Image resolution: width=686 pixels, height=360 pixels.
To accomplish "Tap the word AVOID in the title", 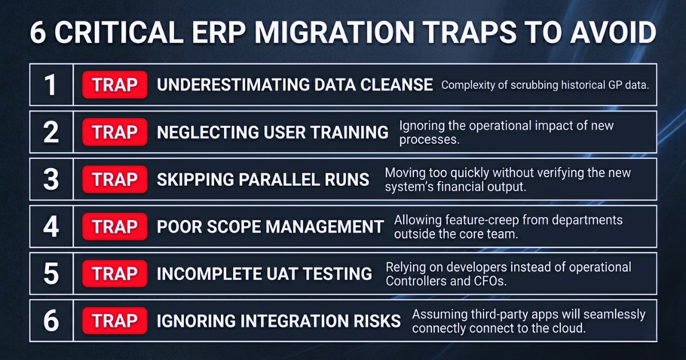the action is (613, 33).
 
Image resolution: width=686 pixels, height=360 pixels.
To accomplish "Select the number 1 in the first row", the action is (50, 85).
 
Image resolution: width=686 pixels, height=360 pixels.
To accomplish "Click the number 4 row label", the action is (51, 226).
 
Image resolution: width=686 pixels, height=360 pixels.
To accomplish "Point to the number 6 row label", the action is (51, 321).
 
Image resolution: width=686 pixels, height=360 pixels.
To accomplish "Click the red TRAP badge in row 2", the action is (115, 132).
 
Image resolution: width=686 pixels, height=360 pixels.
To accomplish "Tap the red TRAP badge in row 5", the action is (115, 274).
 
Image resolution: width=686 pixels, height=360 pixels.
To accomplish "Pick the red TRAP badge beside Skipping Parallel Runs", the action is (115, 179).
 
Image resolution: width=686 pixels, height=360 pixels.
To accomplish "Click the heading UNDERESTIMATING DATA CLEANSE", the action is (294, 85).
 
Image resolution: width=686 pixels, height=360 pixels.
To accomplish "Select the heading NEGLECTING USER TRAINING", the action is (273, 132).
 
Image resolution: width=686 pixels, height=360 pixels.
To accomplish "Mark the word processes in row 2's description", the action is (429, 140).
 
